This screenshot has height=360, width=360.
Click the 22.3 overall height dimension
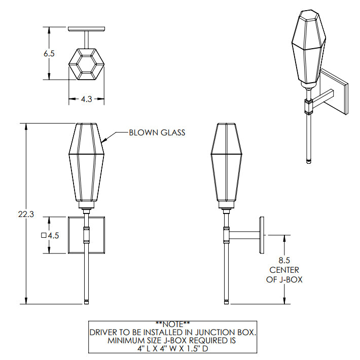click(x=26, y=214)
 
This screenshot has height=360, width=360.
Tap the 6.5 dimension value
click(x=49, y=54)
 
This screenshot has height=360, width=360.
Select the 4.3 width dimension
click(x=87, y=99)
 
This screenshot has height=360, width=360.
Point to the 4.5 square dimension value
click(x=54, y=236)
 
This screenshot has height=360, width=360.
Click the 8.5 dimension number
click(x=284, y=260)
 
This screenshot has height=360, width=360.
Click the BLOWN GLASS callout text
click(x=157, y=132)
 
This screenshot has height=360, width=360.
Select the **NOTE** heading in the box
click(x=173, y=324)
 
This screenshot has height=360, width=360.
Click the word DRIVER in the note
click(x=103, y=333)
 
